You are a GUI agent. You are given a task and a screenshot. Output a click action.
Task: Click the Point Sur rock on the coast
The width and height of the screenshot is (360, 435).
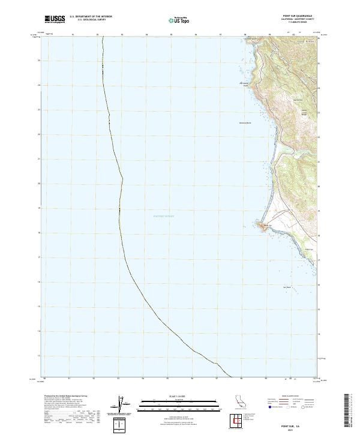point(263,225)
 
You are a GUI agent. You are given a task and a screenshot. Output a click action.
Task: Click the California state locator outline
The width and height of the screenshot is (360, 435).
point(239,403)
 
